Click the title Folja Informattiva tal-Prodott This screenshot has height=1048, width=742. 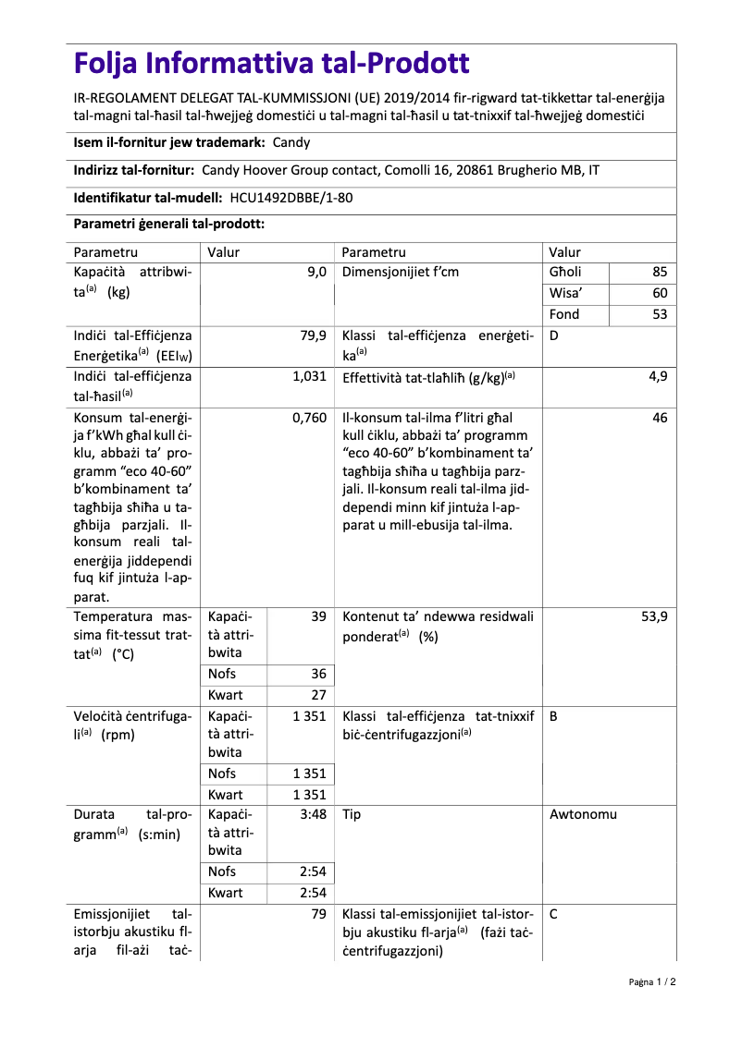point(271,63)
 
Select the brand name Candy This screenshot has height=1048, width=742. point(291,142)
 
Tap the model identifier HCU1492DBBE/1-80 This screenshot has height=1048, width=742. point(291,197)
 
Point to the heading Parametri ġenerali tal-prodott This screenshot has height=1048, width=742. point(169,225)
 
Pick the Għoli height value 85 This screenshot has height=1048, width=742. point(659,272)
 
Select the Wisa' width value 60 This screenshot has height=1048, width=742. point(659,293)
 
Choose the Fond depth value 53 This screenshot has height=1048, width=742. point(659,314)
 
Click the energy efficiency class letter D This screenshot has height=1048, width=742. point(553,335)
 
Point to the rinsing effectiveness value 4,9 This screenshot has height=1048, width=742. point(658,376)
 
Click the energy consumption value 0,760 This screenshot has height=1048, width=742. point(309,418)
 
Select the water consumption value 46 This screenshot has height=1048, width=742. point(659,418)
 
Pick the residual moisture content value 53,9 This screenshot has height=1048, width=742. point(654,615)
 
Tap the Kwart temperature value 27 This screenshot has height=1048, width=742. point(317,695)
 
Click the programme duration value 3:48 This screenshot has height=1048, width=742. point(313,814)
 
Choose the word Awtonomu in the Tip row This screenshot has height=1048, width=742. point(583,814)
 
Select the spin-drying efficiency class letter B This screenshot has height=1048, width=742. point(553,715)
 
